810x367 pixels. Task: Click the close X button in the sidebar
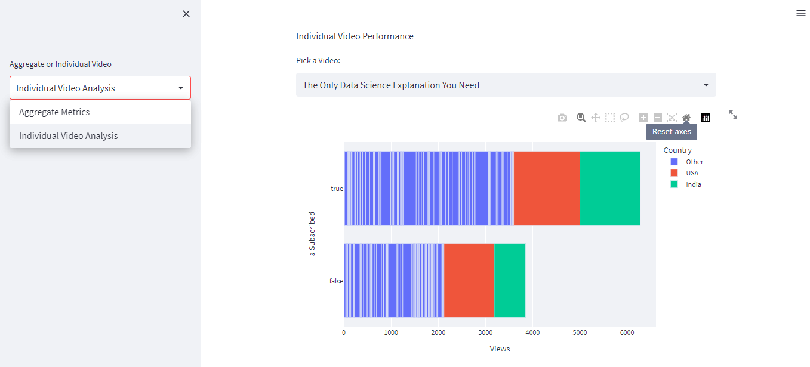[186, 14]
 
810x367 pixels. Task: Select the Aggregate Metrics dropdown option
[54, 112]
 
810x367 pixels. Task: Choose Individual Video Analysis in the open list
[69, 136]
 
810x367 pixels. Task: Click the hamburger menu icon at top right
[801, 13]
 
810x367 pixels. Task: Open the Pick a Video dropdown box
[506, 85]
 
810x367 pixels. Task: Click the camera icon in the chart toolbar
[562, 118]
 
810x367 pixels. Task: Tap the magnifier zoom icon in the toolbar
[581, 118]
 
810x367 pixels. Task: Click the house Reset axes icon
[686, 118]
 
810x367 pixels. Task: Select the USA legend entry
[692, 173]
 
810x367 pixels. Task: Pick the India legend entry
[693, 184]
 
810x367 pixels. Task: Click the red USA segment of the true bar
[546, 189]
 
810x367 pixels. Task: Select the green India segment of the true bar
[609, 189]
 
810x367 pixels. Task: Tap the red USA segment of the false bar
[469, 280]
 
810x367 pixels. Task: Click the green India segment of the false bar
[509, 280]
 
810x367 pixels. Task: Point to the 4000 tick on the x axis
[532, 332]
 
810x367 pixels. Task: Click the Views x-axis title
[500, 349]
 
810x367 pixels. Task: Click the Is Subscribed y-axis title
[312, 235]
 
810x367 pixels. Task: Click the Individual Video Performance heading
[355, 36]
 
